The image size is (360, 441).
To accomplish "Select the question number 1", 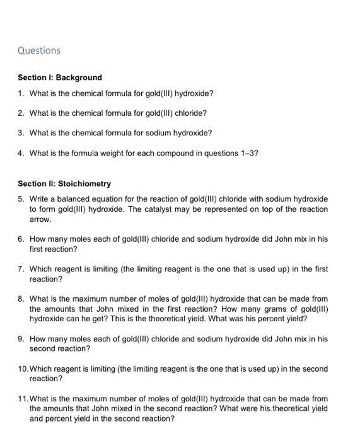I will (21, 94).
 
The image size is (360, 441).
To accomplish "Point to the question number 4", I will (21, 152).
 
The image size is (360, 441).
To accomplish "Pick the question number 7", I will (21, 269).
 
